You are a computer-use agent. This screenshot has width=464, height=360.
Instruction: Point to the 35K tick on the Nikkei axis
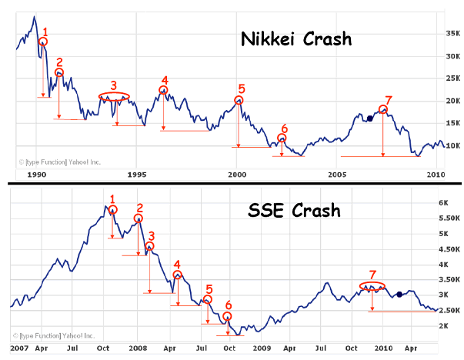point(450,34)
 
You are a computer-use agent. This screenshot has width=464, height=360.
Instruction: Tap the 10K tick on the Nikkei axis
point(450,145)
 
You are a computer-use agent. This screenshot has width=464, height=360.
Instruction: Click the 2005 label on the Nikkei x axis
point(337,175)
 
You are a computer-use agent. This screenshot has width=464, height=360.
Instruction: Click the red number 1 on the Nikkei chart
point(45,32)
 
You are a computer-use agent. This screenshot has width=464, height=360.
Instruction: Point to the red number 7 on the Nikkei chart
point(388,100)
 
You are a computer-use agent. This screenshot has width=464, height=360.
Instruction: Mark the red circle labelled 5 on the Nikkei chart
point(239,101)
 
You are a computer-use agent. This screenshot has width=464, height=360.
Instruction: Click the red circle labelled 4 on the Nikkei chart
point(163,91)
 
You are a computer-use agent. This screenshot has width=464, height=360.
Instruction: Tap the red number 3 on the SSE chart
point(151,236)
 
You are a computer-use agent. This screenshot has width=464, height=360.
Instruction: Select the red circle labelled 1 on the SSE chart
point(113,209)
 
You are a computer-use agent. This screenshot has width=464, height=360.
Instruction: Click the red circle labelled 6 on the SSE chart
point(227,317)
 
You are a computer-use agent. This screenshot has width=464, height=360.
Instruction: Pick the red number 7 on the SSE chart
point(372,274)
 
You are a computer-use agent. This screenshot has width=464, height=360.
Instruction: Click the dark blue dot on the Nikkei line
point(369,118)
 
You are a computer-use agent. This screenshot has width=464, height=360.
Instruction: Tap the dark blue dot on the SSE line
point(399,294)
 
